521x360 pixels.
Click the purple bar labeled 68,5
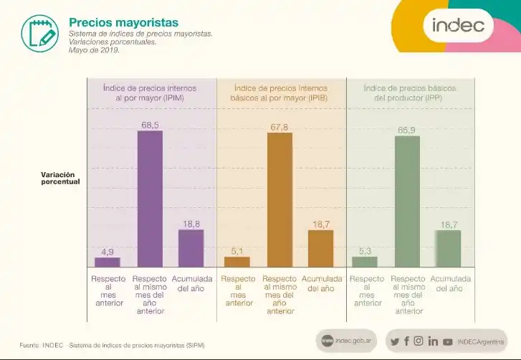150,199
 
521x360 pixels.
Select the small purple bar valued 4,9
107,262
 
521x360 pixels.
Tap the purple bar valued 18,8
191,247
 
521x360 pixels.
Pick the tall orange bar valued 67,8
279,199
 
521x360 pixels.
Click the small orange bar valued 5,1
237,262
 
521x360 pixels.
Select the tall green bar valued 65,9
407,201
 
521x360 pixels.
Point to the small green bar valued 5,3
365,261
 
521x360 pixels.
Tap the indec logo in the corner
458,27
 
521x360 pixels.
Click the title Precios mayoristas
123,23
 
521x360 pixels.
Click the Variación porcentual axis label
60,179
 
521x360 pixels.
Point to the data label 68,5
150,125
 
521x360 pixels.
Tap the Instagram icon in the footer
419,341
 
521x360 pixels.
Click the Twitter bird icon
394,341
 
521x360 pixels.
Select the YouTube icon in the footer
448,342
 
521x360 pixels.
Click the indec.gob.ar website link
348,341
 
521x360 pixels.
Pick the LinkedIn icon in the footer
433,341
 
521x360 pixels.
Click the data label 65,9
406,131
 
